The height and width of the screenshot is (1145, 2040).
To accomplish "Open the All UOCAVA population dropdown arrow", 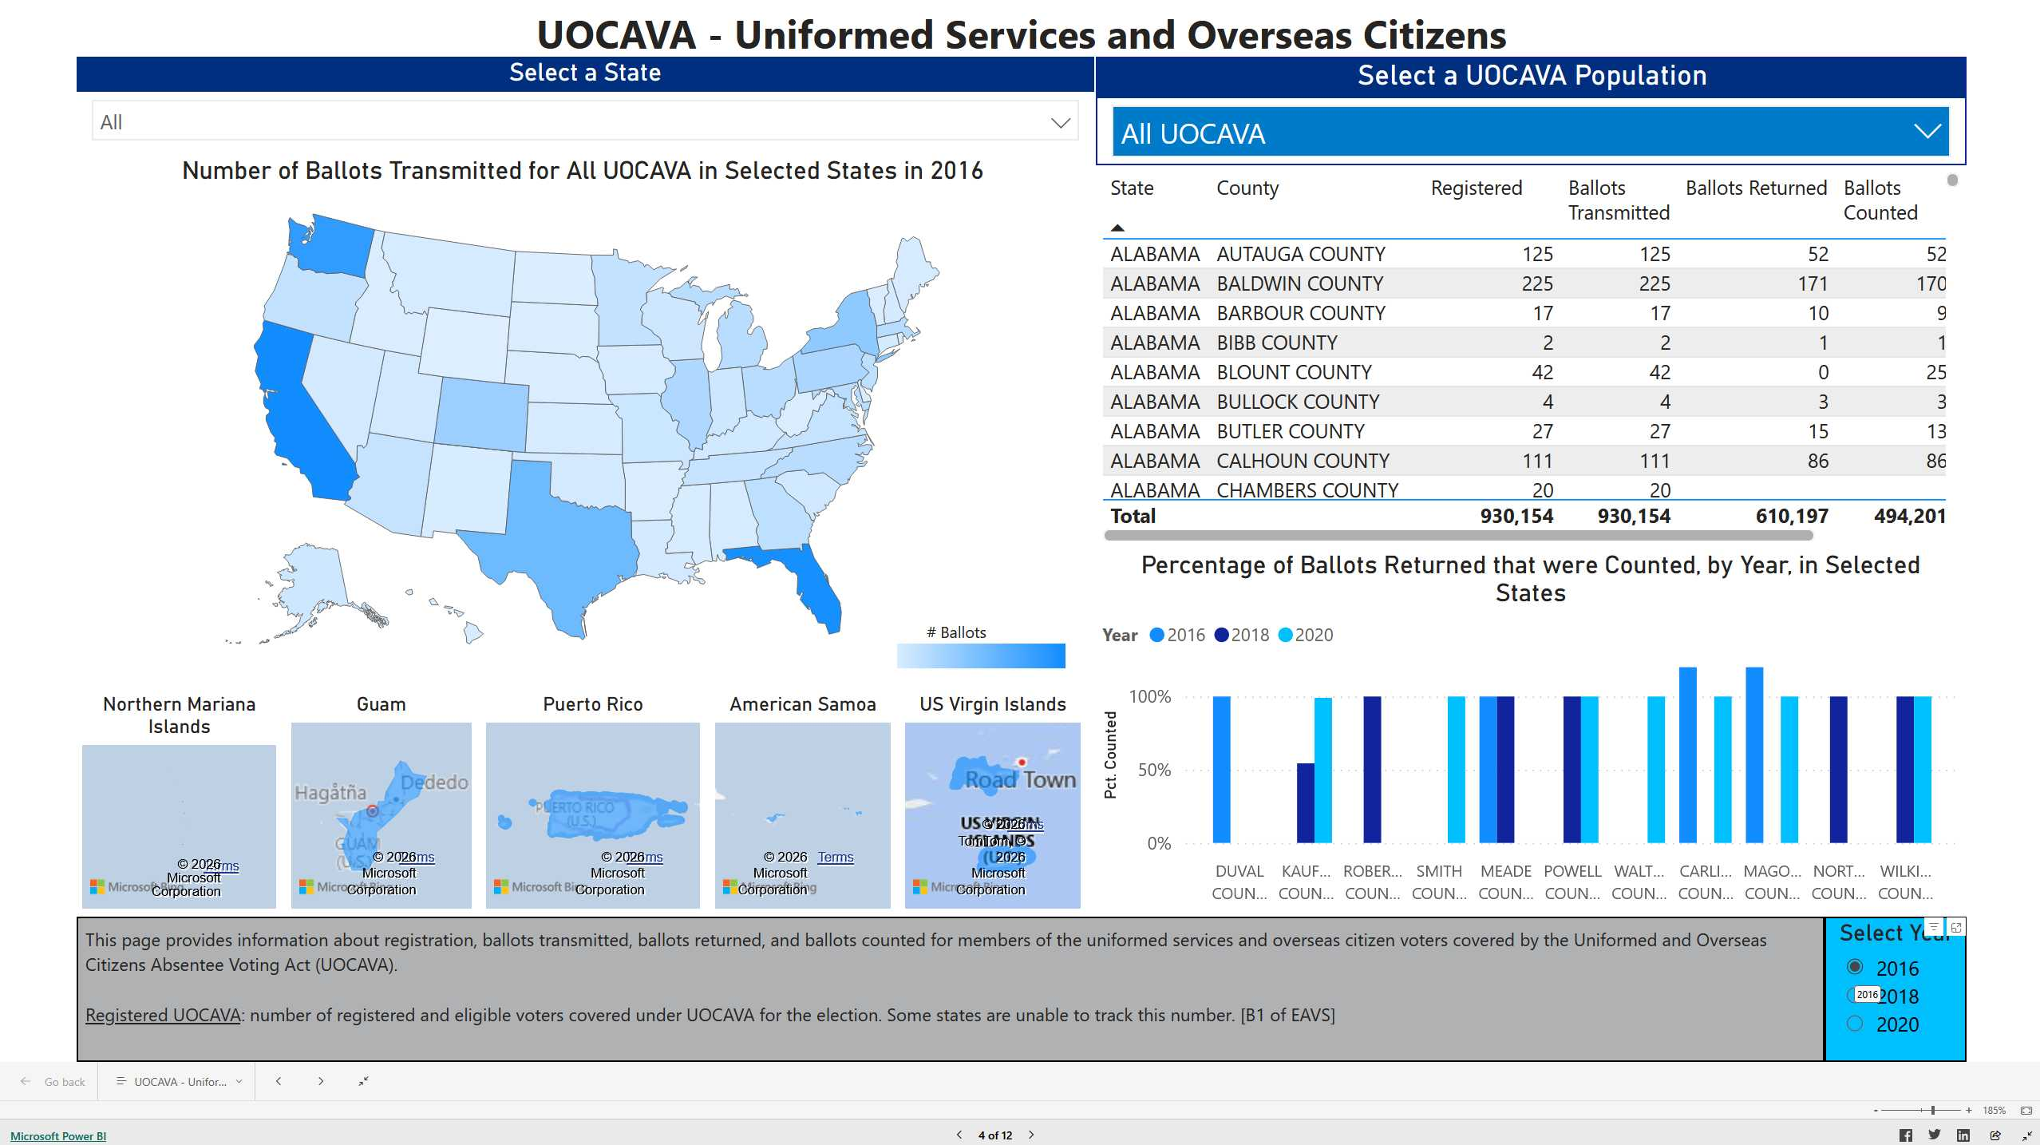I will [x=1927, y=133].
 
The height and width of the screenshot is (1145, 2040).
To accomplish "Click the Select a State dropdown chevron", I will [x=1060, y=123].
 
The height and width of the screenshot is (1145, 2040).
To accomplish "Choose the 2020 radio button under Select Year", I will [x=1855, y=1024].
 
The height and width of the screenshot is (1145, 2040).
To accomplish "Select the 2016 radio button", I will [x=1855, y=967].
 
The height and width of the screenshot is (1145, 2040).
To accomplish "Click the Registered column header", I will [x=1476, y=188].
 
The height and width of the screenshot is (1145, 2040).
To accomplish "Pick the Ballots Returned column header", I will [x=1756, y=188].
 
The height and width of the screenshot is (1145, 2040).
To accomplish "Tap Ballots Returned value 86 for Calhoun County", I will [x=1817, y=461].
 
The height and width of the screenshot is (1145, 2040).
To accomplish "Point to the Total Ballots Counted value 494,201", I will [x=1909, y=517].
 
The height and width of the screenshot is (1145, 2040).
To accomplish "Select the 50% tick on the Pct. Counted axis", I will [x=1154, y=771].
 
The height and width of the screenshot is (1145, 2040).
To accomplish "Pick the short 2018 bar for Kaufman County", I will [x=1305, y=802].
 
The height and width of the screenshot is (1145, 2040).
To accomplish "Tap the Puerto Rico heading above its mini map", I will [x=593, y=704].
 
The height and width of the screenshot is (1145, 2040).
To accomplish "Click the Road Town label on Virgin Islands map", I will [x=1020, y=780].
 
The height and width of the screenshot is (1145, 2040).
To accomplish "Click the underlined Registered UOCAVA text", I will [x=163, y=1015].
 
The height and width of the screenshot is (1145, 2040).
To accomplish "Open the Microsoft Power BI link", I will [x=58, y=1136].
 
